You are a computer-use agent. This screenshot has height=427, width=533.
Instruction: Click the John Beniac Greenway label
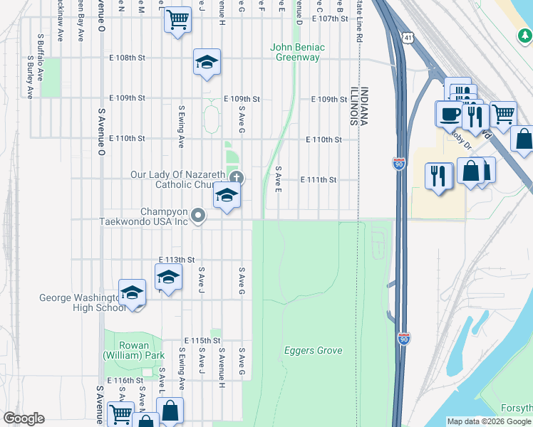pos(297,52)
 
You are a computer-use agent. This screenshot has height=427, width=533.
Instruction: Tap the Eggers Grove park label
pos(314,350)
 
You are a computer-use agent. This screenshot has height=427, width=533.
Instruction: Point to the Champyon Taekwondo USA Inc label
pos(164,216)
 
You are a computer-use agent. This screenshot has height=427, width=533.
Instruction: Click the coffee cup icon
pos(450,114)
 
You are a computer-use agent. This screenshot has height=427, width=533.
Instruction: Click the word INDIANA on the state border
pos(364,107)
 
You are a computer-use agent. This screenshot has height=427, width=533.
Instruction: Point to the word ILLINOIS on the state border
pos(353,107)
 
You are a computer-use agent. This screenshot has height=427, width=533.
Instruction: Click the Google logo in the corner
pos(24,418)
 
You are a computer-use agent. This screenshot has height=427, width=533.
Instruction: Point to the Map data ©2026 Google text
pos(489,421)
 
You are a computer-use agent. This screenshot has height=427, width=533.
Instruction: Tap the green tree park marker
pos(524,33)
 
